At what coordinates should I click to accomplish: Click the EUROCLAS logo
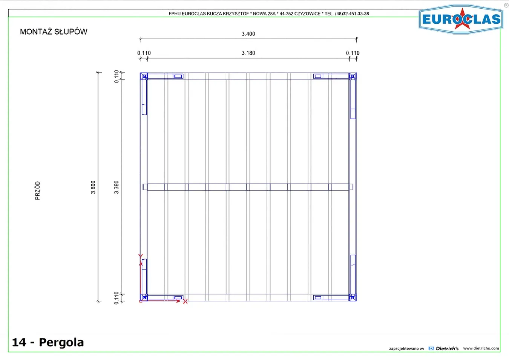point(461,19)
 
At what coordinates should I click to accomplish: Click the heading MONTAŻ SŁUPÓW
point(54,32)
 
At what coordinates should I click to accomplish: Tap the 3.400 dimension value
point(248,34)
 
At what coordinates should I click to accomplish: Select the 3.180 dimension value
point(248,53)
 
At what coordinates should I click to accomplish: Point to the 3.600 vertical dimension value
point(93,187)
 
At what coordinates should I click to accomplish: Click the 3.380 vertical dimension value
point(117,187)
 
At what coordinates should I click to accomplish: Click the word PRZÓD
point(38,191)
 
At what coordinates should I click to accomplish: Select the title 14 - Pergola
point(48,342)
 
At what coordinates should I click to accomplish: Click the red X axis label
point(186,302)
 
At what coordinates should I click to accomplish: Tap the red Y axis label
point(140,256)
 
